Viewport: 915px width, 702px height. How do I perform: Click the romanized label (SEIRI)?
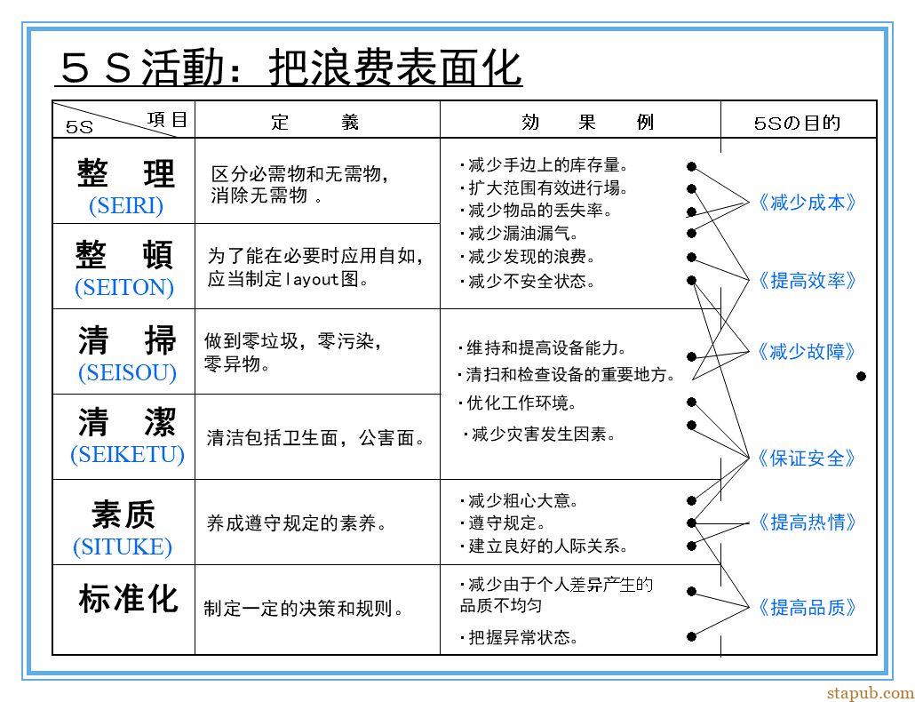tap(126, 206)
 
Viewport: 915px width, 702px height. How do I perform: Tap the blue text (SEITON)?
tap(124, 287)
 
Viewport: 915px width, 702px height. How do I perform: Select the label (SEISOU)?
tap(127, 372)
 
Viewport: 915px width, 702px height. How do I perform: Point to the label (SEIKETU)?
tap(127, 454)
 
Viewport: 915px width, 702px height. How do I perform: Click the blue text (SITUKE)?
tap(123, 546)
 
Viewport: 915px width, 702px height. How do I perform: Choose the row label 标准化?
tap(129, 599)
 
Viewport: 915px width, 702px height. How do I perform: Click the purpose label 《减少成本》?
tap(808, 203)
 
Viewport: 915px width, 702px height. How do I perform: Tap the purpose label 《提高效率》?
tap(808, 281)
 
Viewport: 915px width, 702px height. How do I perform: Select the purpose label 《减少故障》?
tap(808, 352)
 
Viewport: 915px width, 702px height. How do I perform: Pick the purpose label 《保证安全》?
tap(808, 459)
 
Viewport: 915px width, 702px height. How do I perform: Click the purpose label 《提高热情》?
tap(808, 522)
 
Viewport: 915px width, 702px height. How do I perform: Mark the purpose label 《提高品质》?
tap(808, 608)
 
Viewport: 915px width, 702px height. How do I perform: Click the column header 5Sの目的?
tap(797, 124)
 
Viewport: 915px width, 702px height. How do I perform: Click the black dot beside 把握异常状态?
tap(691, 636)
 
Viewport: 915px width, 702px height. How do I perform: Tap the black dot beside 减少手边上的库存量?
tap(691, 167)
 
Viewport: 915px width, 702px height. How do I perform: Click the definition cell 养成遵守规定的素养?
tap(297, 523)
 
